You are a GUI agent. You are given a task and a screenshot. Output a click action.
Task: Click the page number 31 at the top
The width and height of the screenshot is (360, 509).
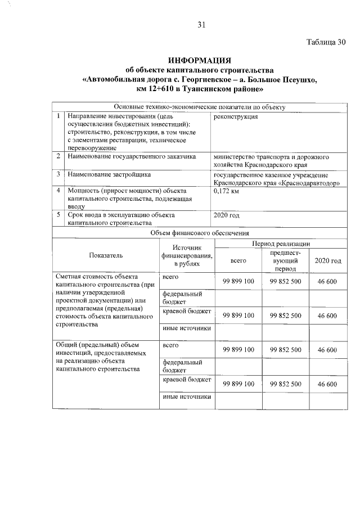tap(202, 24)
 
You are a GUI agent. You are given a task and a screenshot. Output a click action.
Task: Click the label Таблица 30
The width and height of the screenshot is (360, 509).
tap(325, 43)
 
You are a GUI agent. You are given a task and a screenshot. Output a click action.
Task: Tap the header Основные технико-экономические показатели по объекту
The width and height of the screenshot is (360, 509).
tap(200, 107)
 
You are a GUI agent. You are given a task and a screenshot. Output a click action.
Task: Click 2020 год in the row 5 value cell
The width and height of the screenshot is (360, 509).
tap(227, 215)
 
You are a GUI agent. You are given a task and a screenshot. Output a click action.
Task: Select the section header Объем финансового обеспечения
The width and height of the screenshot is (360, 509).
tap(200, 232)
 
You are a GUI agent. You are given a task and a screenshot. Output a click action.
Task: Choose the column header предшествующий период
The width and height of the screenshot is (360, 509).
tap(285, 261)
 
